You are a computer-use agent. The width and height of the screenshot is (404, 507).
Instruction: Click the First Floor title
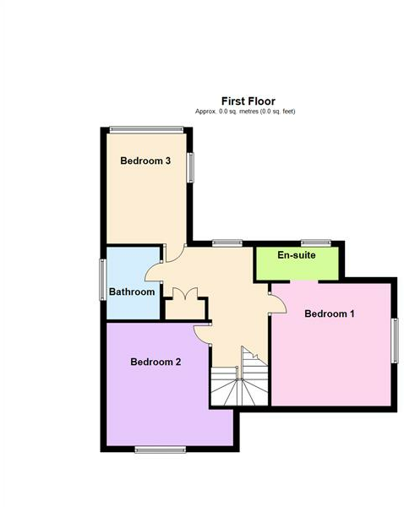tap(248, 101)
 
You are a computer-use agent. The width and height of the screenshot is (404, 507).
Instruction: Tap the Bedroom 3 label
tap(145, 161)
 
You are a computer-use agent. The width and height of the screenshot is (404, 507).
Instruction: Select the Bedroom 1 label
tap(329, 313)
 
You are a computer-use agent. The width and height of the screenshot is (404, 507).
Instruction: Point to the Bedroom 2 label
tap(156, 362)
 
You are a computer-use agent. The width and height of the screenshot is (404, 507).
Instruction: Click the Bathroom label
tap(132, 292)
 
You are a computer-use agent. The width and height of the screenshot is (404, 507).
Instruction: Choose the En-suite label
tap(297, 254)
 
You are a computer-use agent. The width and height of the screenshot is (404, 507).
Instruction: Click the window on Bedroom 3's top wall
tap(145, 128)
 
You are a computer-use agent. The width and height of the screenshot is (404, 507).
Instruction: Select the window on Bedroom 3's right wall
tap(190, 166)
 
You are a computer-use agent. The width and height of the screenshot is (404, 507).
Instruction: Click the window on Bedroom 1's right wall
tap(394, 341)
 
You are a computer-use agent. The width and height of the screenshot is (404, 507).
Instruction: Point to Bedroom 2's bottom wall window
tap(160, 449)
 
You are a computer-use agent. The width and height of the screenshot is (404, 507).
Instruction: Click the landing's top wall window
tap(227, 243)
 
